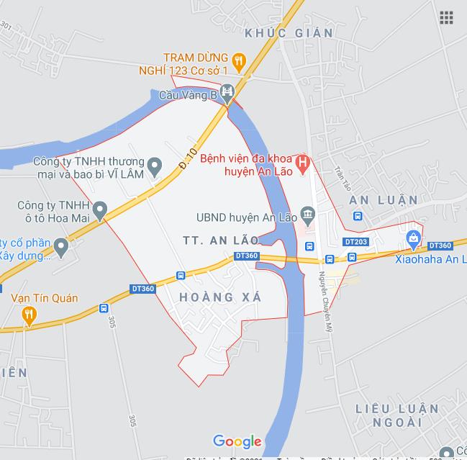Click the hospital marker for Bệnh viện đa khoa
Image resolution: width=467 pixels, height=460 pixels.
click(x=303, y=163)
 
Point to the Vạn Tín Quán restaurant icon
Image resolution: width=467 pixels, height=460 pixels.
click(x=29, y=314)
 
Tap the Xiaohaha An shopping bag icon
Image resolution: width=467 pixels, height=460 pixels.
click(x=412, y=238)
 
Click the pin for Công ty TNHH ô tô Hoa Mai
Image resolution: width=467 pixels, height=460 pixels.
click(x=100, y=212)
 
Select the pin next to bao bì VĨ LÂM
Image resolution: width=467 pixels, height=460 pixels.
click(x=154, y=169)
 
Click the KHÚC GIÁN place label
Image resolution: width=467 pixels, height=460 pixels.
click(x=289, y=33)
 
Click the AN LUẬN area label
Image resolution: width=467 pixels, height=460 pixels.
click(x=383, y=199)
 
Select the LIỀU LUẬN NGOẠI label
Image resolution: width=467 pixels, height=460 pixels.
click(x=397, y=415)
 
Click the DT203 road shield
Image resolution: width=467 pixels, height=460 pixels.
click(x=355, y=242)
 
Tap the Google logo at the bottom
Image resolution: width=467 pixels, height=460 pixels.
click(x=237, y=441)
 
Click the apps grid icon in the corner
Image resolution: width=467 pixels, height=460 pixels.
click(x=446, y=17)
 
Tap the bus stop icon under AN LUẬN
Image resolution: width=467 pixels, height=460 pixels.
click(x=358, y=215)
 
